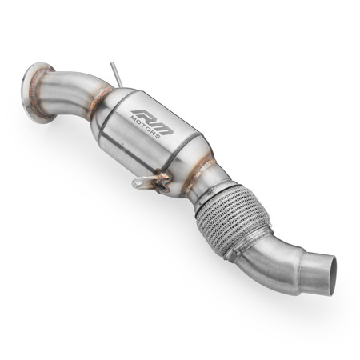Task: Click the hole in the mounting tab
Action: (139, 183)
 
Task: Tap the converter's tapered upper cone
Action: (120, 104)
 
